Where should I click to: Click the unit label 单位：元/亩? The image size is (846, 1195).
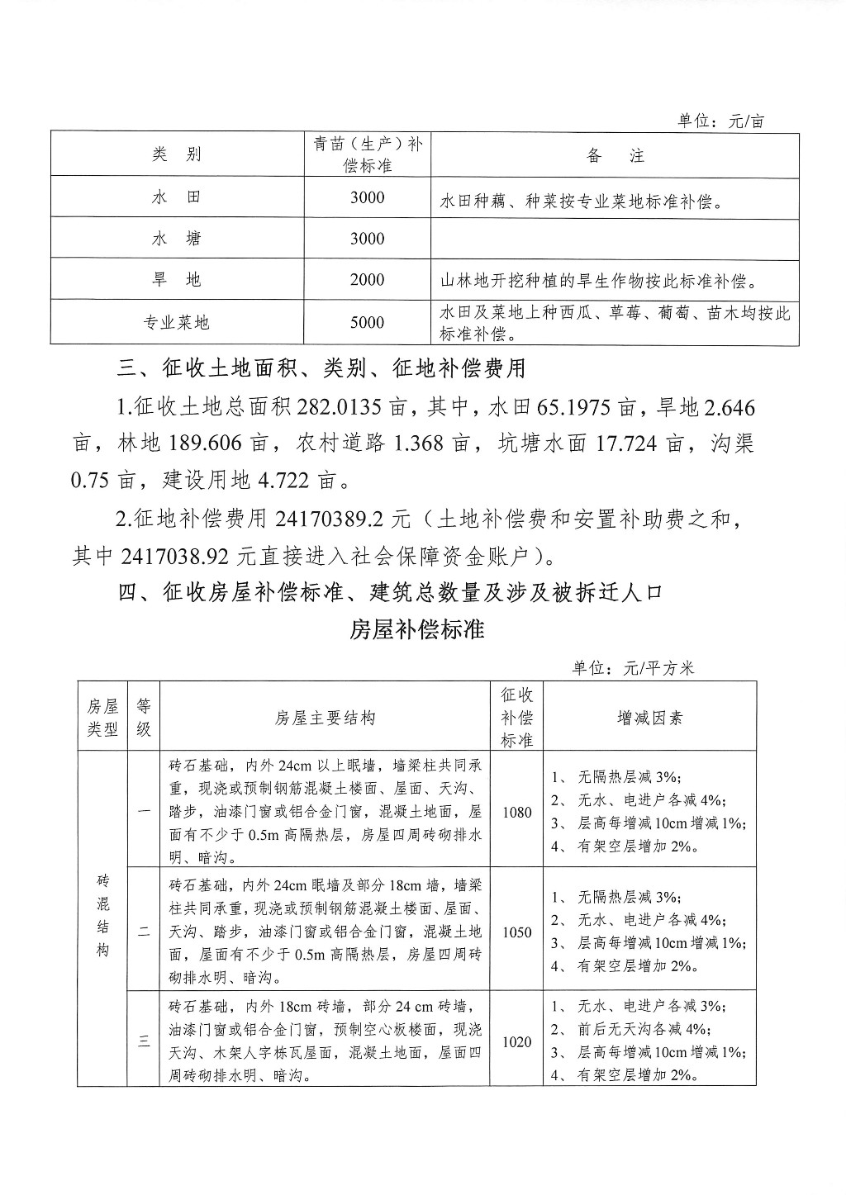[720, 121]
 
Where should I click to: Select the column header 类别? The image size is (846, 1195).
[177, 154]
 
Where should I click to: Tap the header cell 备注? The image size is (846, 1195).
[615, 155]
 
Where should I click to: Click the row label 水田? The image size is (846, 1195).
[177, 197]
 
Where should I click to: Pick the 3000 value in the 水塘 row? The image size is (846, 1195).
[367, 239]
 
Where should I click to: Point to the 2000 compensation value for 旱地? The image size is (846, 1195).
[367, 280]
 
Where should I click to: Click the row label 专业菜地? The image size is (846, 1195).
[177, 323]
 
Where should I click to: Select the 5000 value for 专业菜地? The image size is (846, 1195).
[367, 323]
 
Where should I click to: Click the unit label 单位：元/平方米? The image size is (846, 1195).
[633, 668]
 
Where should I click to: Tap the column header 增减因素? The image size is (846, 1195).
[650, 718]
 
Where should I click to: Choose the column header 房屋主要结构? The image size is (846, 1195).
[326, 718]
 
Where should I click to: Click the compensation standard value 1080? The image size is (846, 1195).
[516, 812]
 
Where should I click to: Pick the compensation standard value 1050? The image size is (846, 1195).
[516, 932]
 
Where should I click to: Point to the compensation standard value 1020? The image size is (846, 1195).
[516, 1042]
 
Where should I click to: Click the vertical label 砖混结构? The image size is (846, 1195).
[102, 915]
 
